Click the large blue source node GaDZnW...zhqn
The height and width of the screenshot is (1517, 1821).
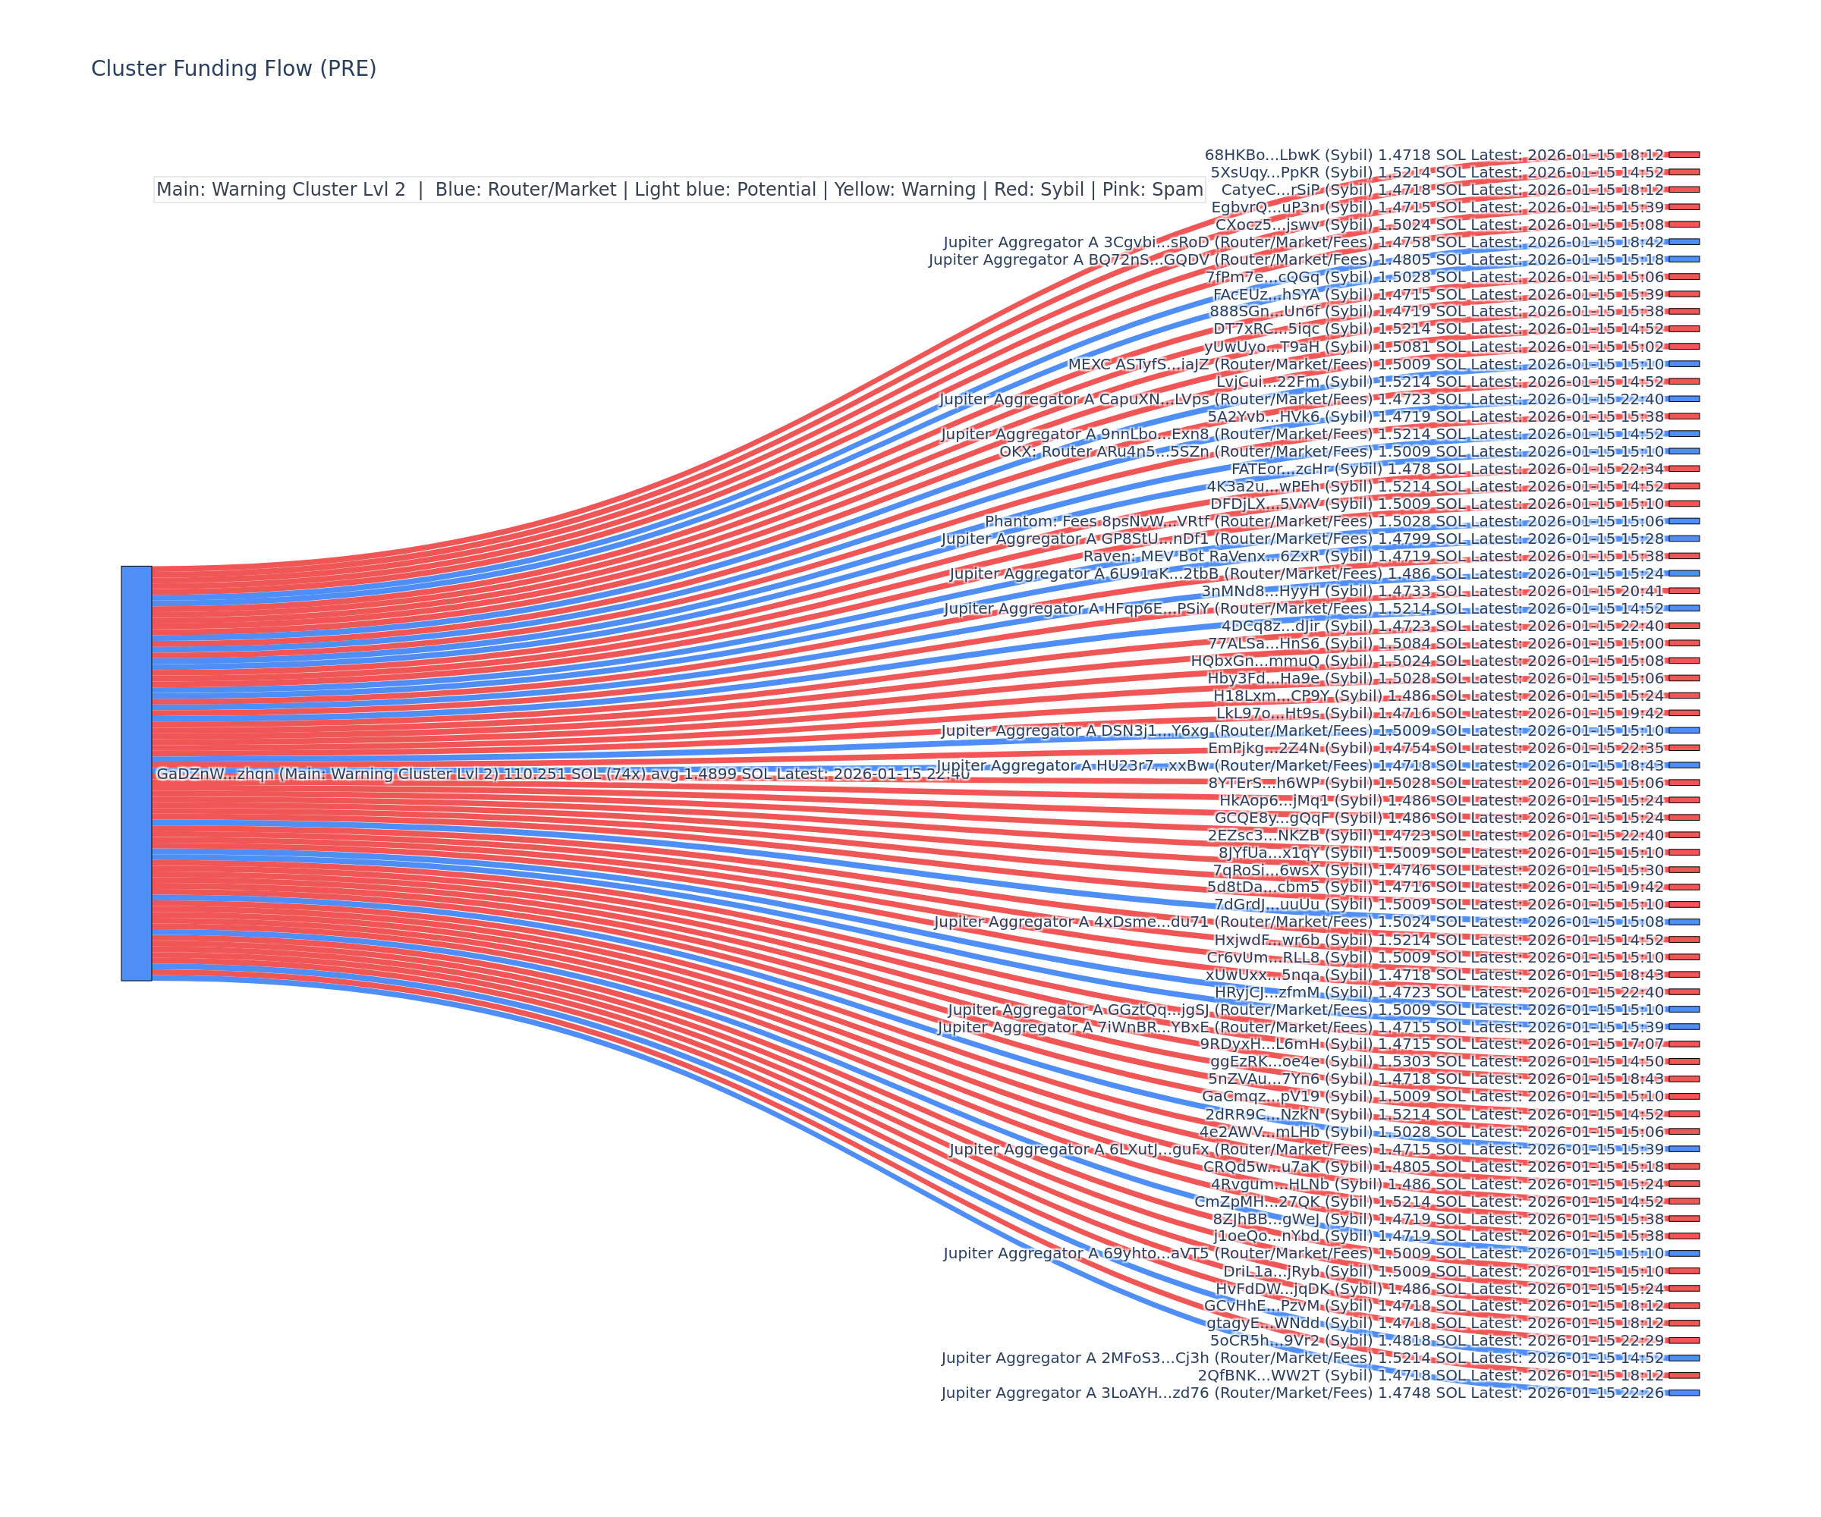tap(136, 773)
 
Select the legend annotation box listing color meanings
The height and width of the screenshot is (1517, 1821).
tap(679, 190)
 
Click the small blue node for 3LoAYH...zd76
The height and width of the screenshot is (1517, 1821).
tap(1684, 1393)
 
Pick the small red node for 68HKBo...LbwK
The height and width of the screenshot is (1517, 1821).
tap(1684, 154)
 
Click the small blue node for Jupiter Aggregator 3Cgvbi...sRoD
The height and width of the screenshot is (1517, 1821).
tap(1684, 242)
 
